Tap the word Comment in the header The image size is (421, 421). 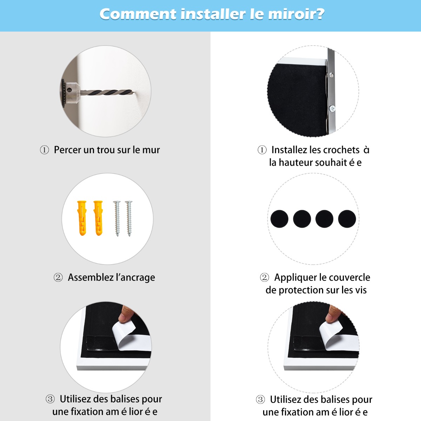(138, 14)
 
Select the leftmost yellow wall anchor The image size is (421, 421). (82, 218)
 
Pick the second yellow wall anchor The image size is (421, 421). (98, 218)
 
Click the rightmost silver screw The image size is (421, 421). (129, 219)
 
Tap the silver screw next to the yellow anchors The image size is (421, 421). (117, 219)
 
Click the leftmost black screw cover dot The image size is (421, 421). (279, 219)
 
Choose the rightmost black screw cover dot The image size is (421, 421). (347, 219)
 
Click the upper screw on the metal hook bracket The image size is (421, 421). (332, 75)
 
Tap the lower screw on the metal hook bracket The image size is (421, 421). (332, 108)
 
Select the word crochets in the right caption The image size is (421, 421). (341, 150)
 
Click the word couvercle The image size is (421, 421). (349, 278)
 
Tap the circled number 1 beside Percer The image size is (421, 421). (44, 150)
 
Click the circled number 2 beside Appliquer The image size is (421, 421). (265, 278)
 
